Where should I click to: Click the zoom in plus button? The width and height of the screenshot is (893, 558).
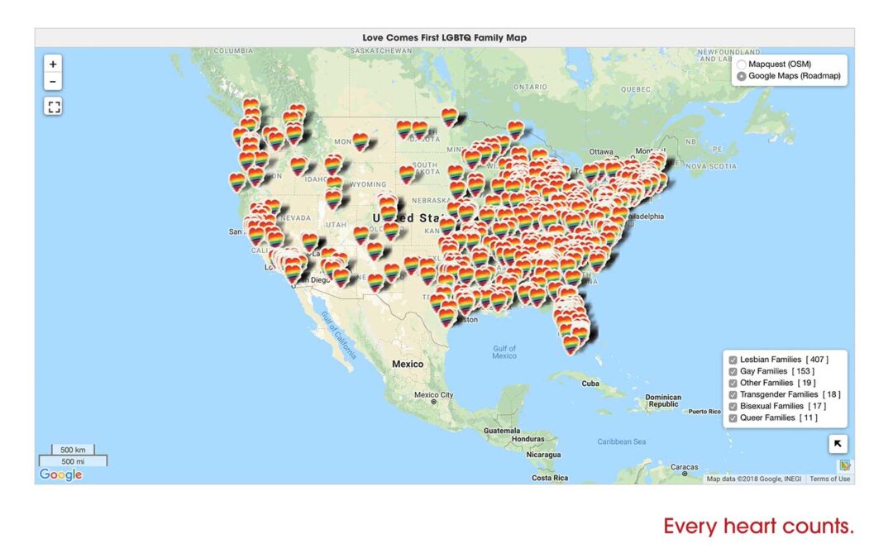tap(53, 64)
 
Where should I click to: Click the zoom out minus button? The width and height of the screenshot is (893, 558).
tap(53, 81)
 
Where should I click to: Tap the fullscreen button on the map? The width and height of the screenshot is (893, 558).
tap(53, 106)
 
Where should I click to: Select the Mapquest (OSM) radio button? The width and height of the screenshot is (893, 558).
tap(742, 64)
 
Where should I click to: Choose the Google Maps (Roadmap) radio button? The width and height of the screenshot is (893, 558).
tap(742, 76)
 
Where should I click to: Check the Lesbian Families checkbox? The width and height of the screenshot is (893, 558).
tap(733, 360)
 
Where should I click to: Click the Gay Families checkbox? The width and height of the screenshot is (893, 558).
tap(733, 371)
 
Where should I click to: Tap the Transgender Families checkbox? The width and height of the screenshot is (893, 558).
tap(733, 394)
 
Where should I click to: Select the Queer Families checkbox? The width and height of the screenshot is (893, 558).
tap(733, 417)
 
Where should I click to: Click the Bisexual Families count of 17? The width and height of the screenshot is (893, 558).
tap(816, 406)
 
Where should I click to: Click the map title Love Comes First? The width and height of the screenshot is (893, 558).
tap(444, 37)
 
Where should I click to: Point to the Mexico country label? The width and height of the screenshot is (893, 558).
tap(407, 364)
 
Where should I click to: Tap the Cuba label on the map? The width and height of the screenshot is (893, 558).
tap(590, 384)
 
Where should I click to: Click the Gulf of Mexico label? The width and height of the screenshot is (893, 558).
tap(504, 351)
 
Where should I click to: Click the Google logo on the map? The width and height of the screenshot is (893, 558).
tap(60, 475)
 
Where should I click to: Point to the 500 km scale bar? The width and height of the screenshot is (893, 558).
tap(73, 450)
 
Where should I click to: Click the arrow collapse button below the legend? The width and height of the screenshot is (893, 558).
tap(838, 444)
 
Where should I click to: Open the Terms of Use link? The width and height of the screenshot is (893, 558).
tap(829, 479)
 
